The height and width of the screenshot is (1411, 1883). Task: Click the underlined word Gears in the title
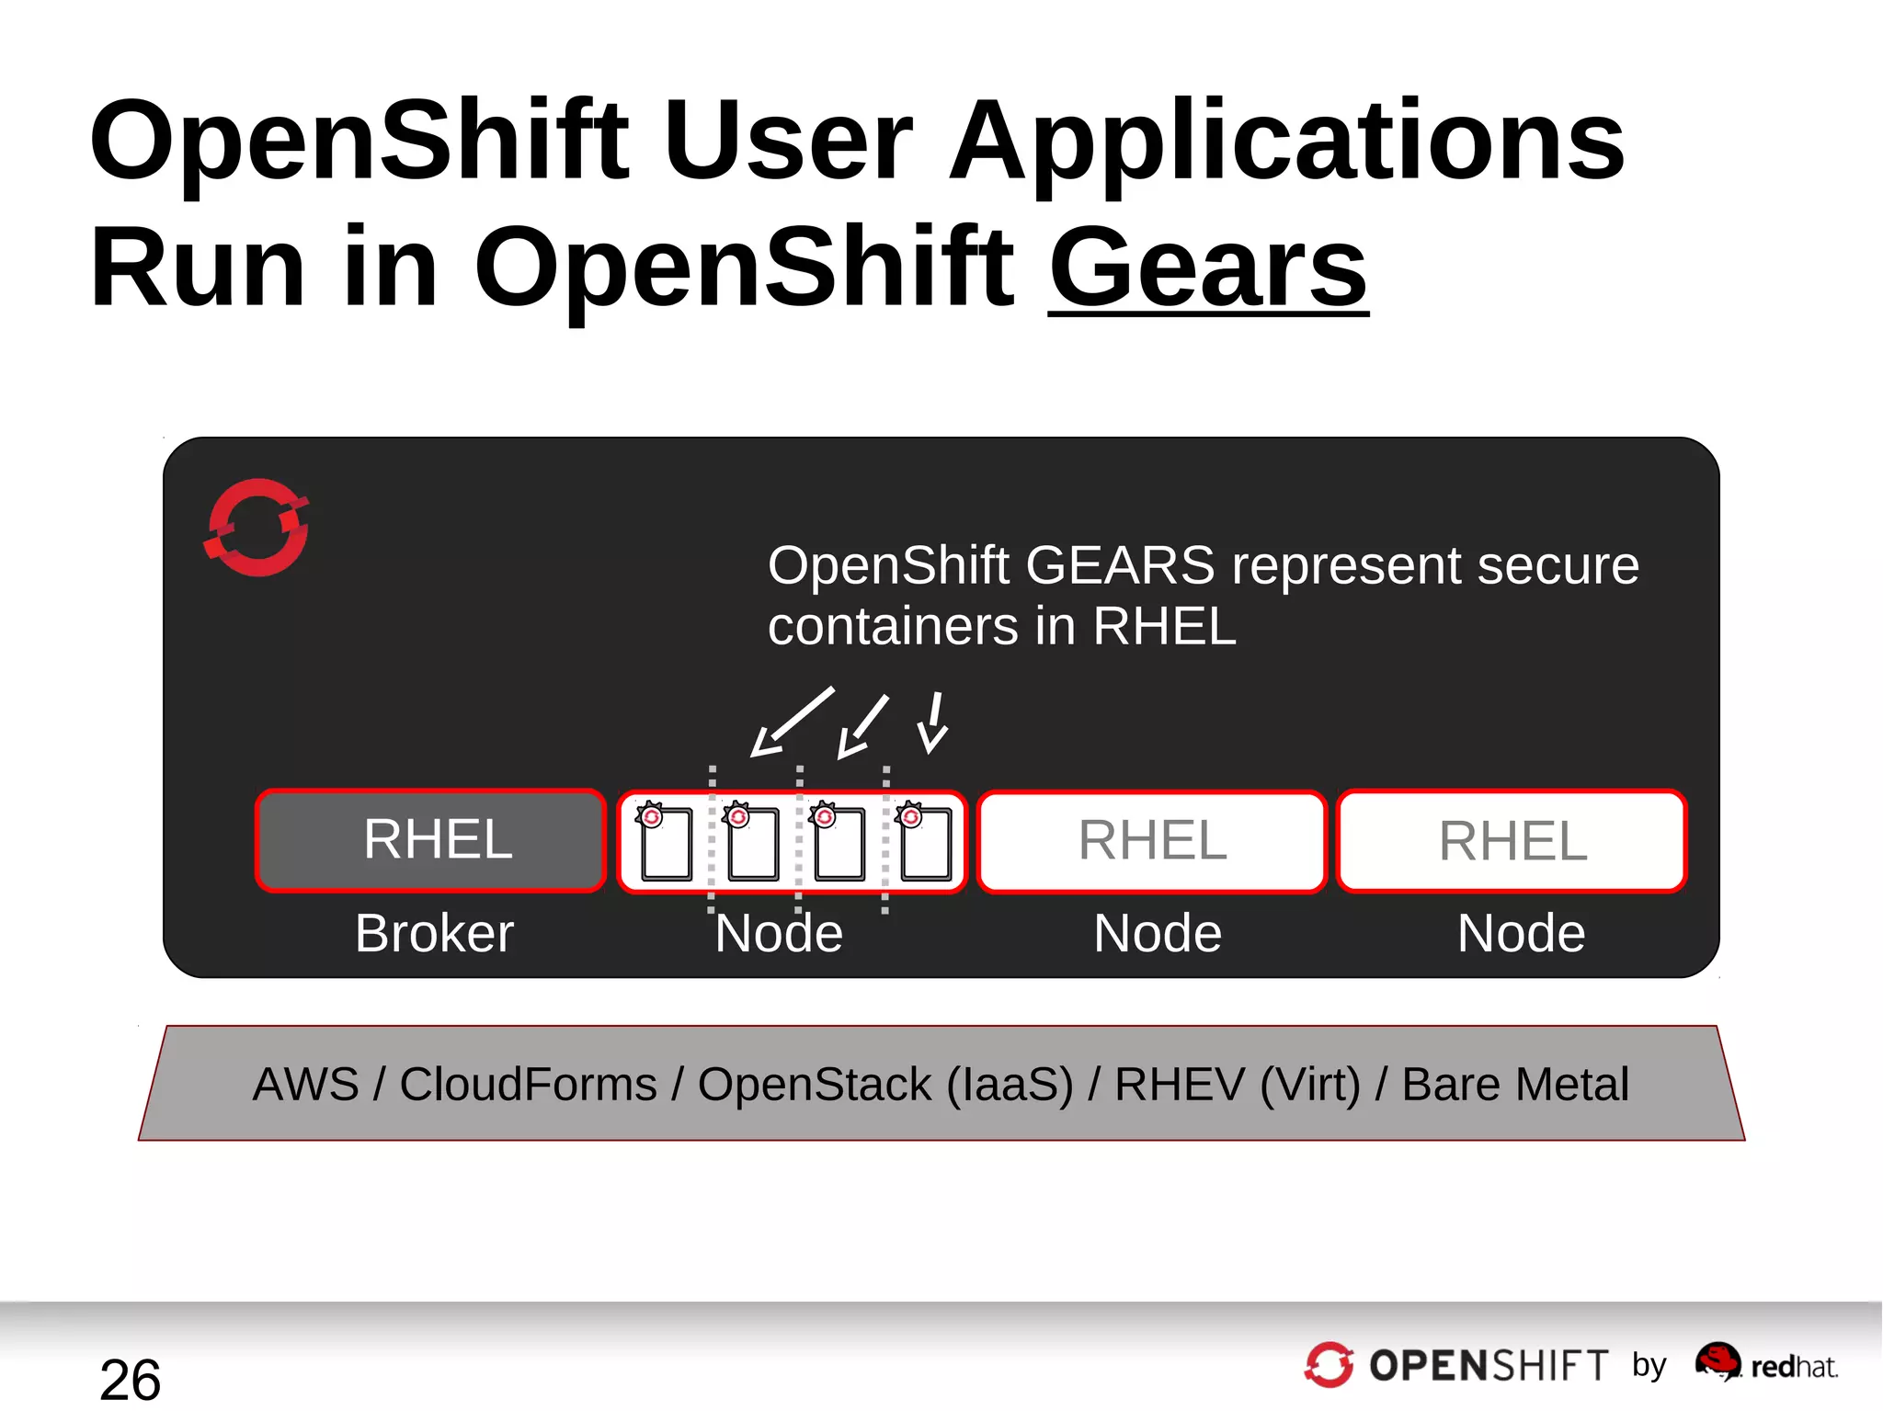click(x=1207, y=267)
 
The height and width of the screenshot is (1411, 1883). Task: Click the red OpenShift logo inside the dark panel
click(x=257, y=528)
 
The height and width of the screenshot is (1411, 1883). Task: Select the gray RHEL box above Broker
click(x=430, y=840)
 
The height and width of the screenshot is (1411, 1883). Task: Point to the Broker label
click(x=434, y=933)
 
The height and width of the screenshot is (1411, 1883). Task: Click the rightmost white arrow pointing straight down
click(x=934, y=723)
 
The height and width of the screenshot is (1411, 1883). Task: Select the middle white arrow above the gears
click(x=862, y=726)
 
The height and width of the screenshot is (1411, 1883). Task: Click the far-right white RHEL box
click(x=1512, y=840)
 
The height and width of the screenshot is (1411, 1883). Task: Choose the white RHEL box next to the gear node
click(x=1152, y=840)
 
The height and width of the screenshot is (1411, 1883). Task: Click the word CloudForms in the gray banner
click(x=528, y=1084)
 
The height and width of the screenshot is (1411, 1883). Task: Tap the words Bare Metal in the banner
click(x=1515, y=1084)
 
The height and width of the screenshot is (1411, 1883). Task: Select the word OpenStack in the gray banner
click(x=814, y=1084)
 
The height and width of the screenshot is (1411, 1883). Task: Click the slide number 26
click(x=130, y=1379)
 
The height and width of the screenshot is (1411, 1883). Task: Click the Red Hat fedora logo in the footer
click(x=1718, y=1360)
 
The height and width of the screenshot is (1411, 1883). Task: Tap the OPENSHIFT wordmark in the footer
click(x=1488, y=1366)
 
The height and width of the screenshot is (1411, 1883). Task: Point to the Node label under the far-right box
click(x=1521, y=933)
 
